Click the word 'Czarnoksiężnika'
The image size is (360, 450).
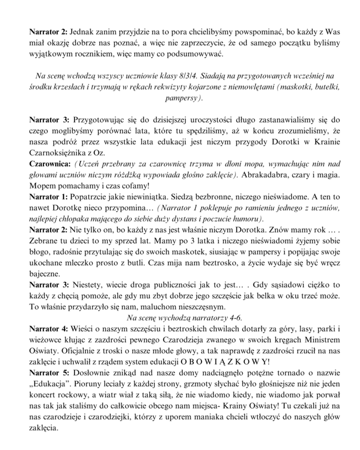click(58, 153)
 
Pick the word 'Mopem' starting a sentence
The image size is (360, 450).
click(42, 186)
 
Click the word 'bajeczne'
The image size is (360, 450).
click(47, 274)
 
